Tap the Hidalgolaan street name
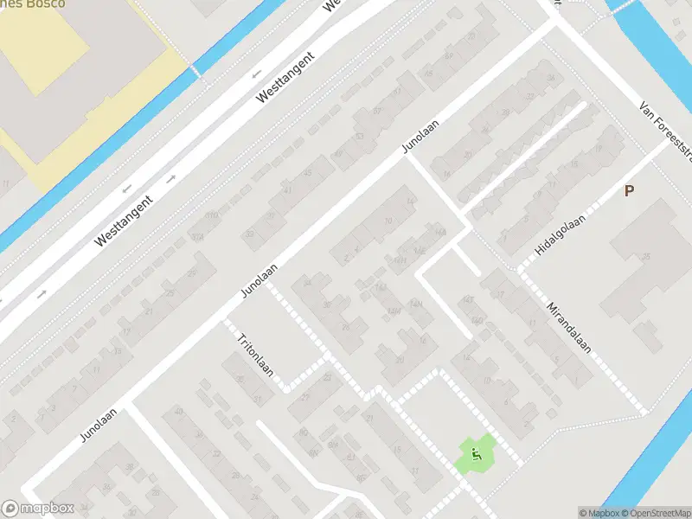pyautogui.click(x=561, y=234)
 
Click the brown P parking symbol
pyautogui.click(x=629, y=191)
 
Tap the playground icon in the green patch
pyautogui.click(x=475, y=452)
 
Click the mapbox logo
pyautogui.click(x=37, y=509)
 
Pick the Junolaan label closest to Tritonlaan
pyautogui.click(x=259, y=281)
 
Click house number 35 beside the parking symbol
pyautogui.click(x=646, y=257)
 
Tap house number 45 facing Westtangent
pyautogui.click(x=309, y=174)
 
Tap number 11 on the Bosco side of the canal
pyautogui.click(x=8, y=184)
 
